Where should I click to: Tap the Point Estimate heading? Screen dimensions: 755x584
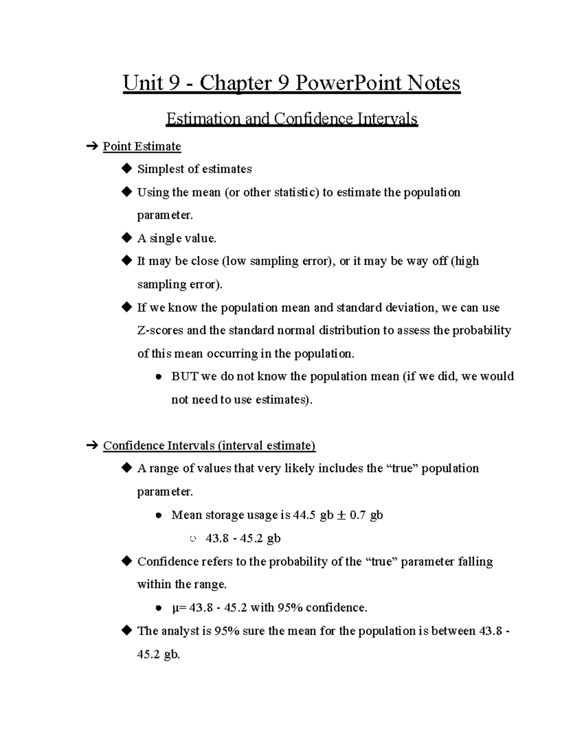tap(142, 146)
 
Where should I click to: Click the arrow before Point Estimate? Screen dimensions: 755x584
tap(91, 146)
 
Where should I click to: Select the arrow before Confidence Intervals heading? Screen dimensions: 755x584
tap(91, 446)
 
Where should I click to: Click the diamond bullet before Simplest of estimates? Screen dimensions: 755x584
tap(127, 169)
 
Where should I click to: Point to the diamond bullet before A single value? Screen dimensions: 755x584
tap(127, 238)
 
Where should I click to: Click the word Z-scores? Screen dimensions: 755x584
tap(160, 331)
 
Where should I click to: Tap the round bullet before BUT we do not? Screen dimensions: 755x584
tap(158, 377)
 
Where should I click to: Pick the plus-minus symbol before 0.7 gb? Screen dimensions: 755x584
tap(342, 515)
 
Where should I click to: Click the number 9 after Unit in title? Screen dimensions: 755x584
tap(173, 83)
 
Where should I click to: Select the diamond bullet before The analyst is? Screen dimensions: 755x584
tap(127, 631)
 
